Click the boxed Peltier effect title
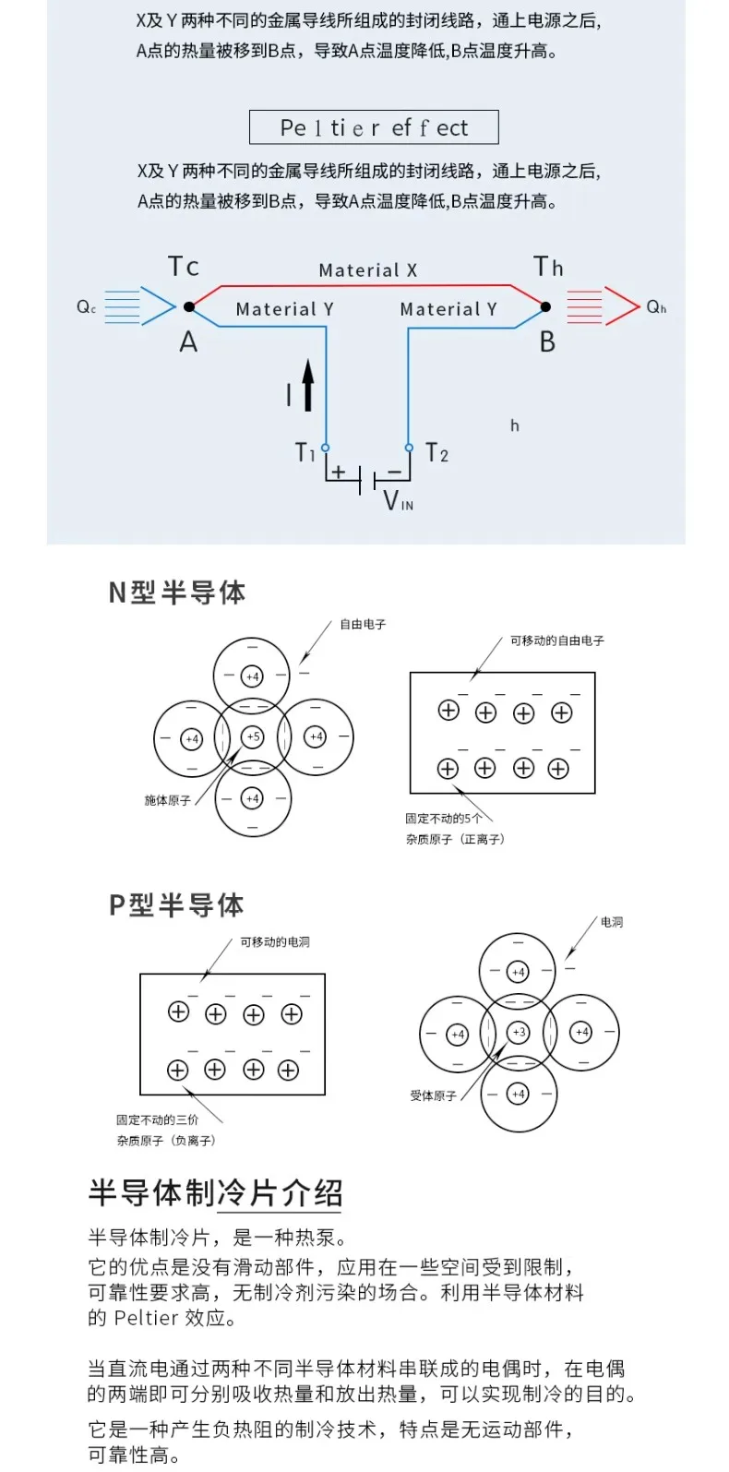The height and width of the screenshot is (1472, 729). [x=374, y=127]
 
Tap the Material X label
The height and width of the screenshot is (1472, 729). [x=367, y=270]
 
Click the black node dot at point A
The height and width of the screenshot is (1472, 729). [x=189, y=306]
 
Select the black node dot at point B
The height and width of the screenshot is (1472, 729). [x=545, y=306]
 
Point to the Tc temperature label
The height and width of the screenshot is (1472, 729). [x=184, y=268]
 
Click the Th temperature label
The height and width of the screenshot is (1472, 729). [x=548, y=268]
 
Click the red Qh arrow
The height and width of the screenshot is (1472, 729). [x=603, y=306]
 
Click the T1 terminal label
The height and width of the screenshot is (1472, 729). [x=305, y=452]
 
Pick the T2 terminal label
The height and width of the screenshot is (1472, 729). [x=437, y=453]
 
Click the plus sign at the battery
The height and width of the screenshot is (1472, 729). [x=339, y=473]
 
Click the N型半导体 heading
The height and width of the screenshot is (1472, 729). [x=177, y=592]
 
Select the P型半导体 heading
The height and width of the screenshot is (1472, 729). [x=177, y=905]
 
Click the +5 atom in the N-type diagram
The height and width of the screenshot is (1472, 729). [x=252, y=736]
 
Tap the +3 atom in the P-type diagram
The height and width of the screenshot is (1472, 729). [x=519, y=1032]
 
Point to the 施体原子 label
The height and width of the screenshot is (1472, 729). [x=167, y=800]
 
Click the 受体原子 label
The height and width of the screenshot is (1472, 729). [x=433, y=1095]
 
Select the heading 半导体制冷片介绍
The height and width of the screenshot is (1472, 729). [x=216, y=1192]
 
